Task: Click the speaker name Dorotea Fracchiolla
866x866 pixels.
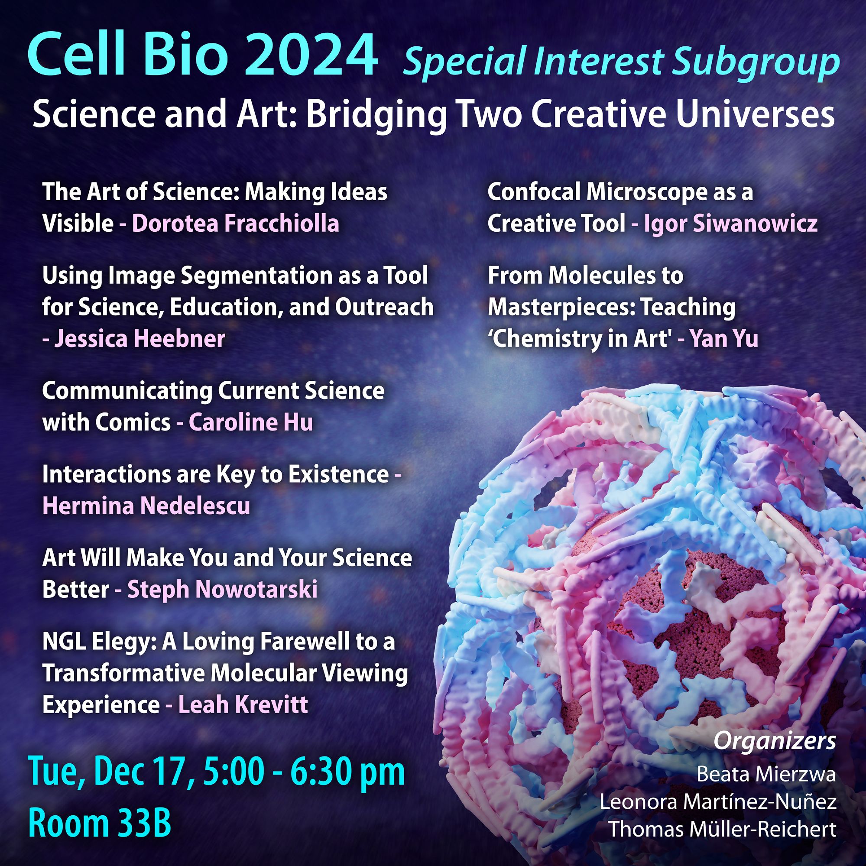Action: point(235,224)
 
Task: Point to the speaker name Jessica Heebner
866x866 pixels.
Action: point(139,338)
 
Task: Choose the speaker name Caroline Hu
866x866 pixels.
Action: point(250,422)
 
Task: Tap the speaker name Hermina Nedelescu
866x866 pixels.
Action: point(146,506)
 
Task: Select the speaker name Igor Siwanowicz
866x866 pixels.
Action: point(731,224)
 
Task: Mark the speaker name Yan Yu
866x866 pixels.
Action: point(724,339)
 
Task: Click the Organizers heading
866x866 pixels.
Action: point(775,742)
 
